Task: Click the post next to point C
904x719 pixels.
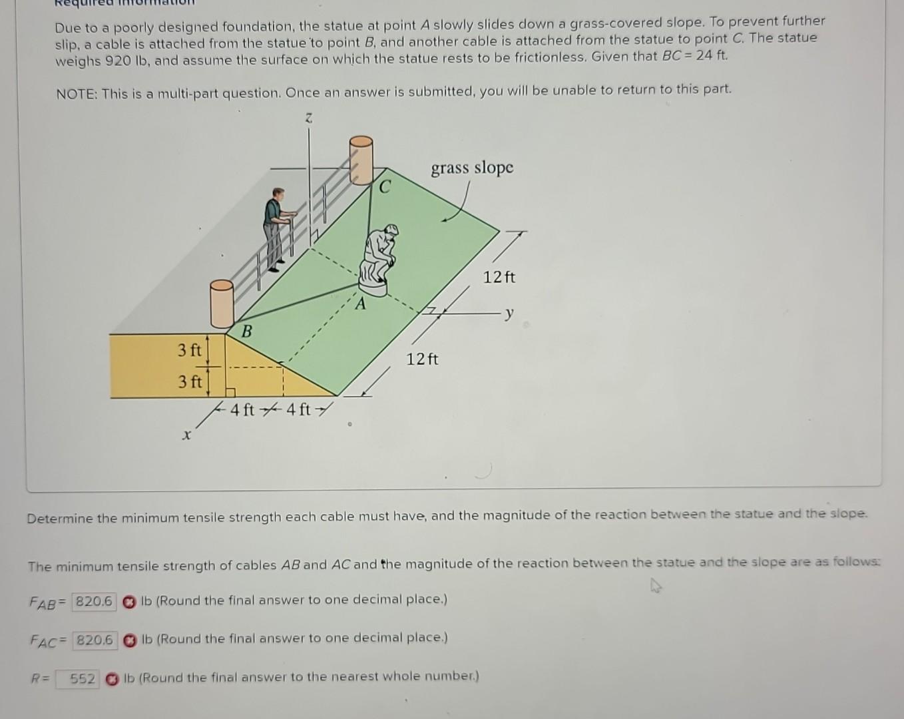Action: pos(361,160)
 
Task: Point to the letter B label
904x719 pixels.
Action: pos(246,331)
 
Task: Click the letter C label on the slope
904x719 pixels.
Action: pos(385,187)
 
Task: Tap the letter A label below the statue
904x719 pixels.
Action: pos(360,305)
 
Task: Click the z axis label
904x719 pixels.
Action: pos(308,118)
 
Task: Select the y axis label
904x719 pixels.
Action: pos(509,313)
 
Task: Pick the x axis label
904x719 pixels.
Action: pos(187,435)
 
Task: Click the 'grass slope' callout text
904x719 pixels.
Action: pos(472,167)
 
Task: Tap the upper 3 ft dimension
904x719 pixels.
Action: pos(189,350)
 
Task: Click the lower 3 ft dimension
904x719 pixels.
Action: pos(189,382)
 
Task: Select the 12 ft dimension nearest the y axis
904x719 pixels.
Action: pos(499,277)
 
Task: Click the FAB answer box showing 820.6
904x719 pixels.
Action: pos(94,602)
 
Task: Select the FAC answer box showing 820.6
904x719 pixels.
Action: pos(95,640)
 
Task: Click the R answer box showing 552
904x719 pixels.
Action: pos(78,679)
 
